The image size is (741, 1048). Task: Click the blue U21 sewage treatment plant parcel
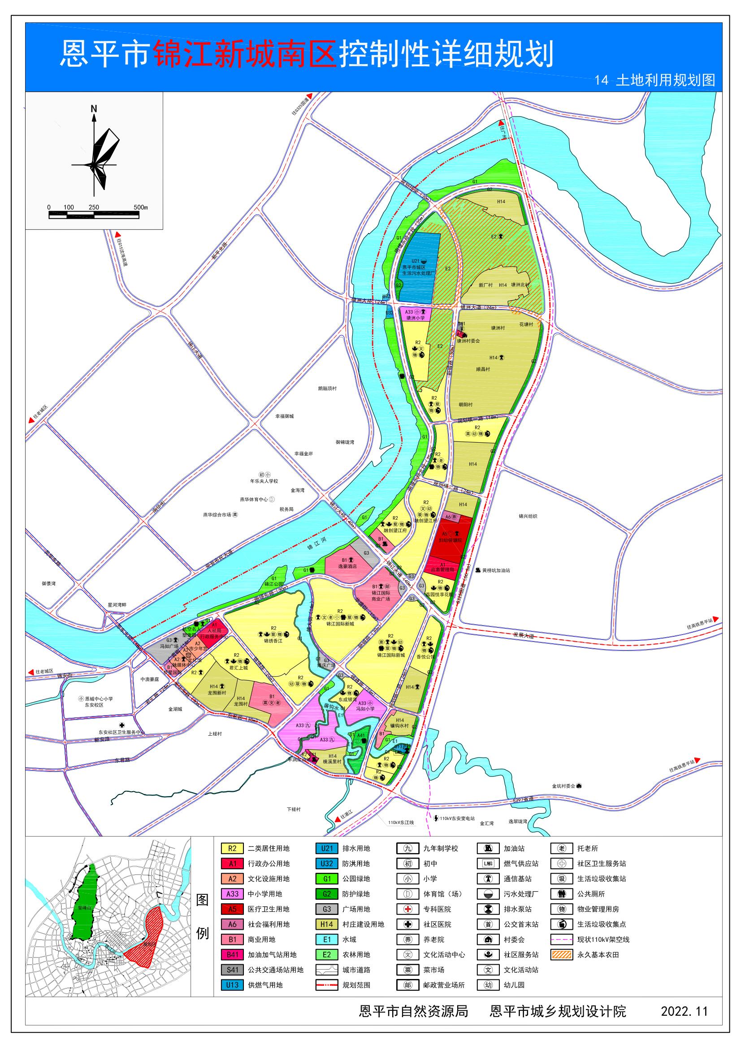420,269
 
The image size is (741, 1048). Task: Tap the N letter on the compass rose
94,108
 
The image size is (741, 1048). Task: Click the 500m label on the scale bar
141,207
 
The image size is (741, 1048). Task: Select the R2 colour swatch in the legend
232,849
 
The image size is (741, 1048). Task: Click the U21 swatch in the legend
327,849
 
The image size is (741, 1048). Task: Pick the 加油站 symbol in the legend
489,849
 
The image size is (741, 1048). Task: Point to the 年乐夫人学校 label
264,481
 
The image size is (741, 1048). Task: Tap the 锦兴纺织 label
528,516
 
